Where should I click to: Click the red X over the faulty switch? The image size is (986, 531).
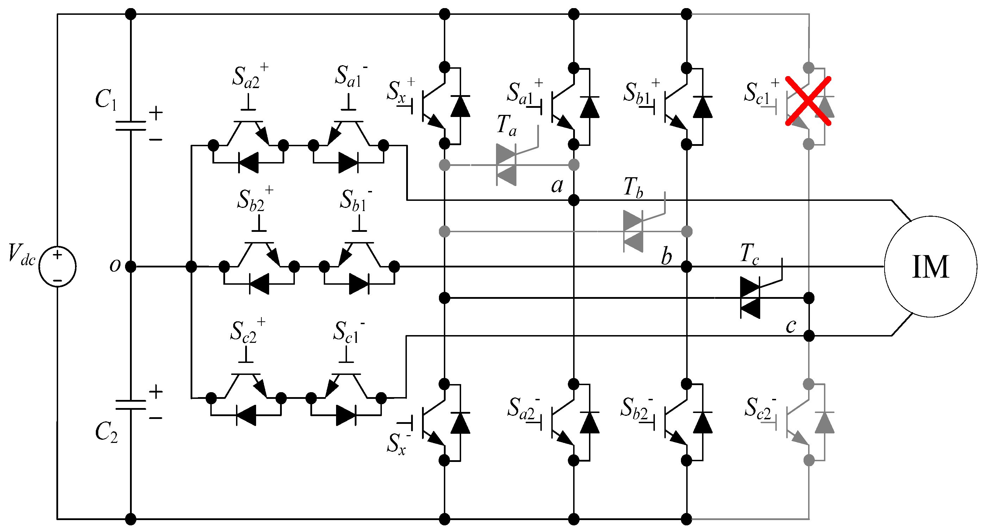tap(808, 101)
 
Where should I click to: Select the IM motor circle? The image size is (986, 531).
tap(930, 267)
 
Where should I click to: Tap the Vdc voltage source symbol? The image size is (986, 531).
tap(57, 267)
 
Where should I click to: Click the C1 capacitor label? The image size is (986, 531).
tap(106, 99)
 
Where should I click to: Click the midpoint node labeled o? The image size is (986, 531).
tap(131, 266)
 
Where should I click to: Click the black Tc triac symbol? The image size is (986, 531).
tap(750, 298)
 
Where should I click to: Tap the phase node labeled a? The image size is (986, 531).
tap(574, 200)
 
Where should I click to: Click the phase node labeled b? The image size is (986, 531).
tap(687, 266)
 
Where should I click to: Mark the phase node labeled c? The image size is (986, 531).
tap(809, 336)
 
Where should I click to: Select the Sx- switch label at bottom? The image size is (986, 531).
tap(398, 444)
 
